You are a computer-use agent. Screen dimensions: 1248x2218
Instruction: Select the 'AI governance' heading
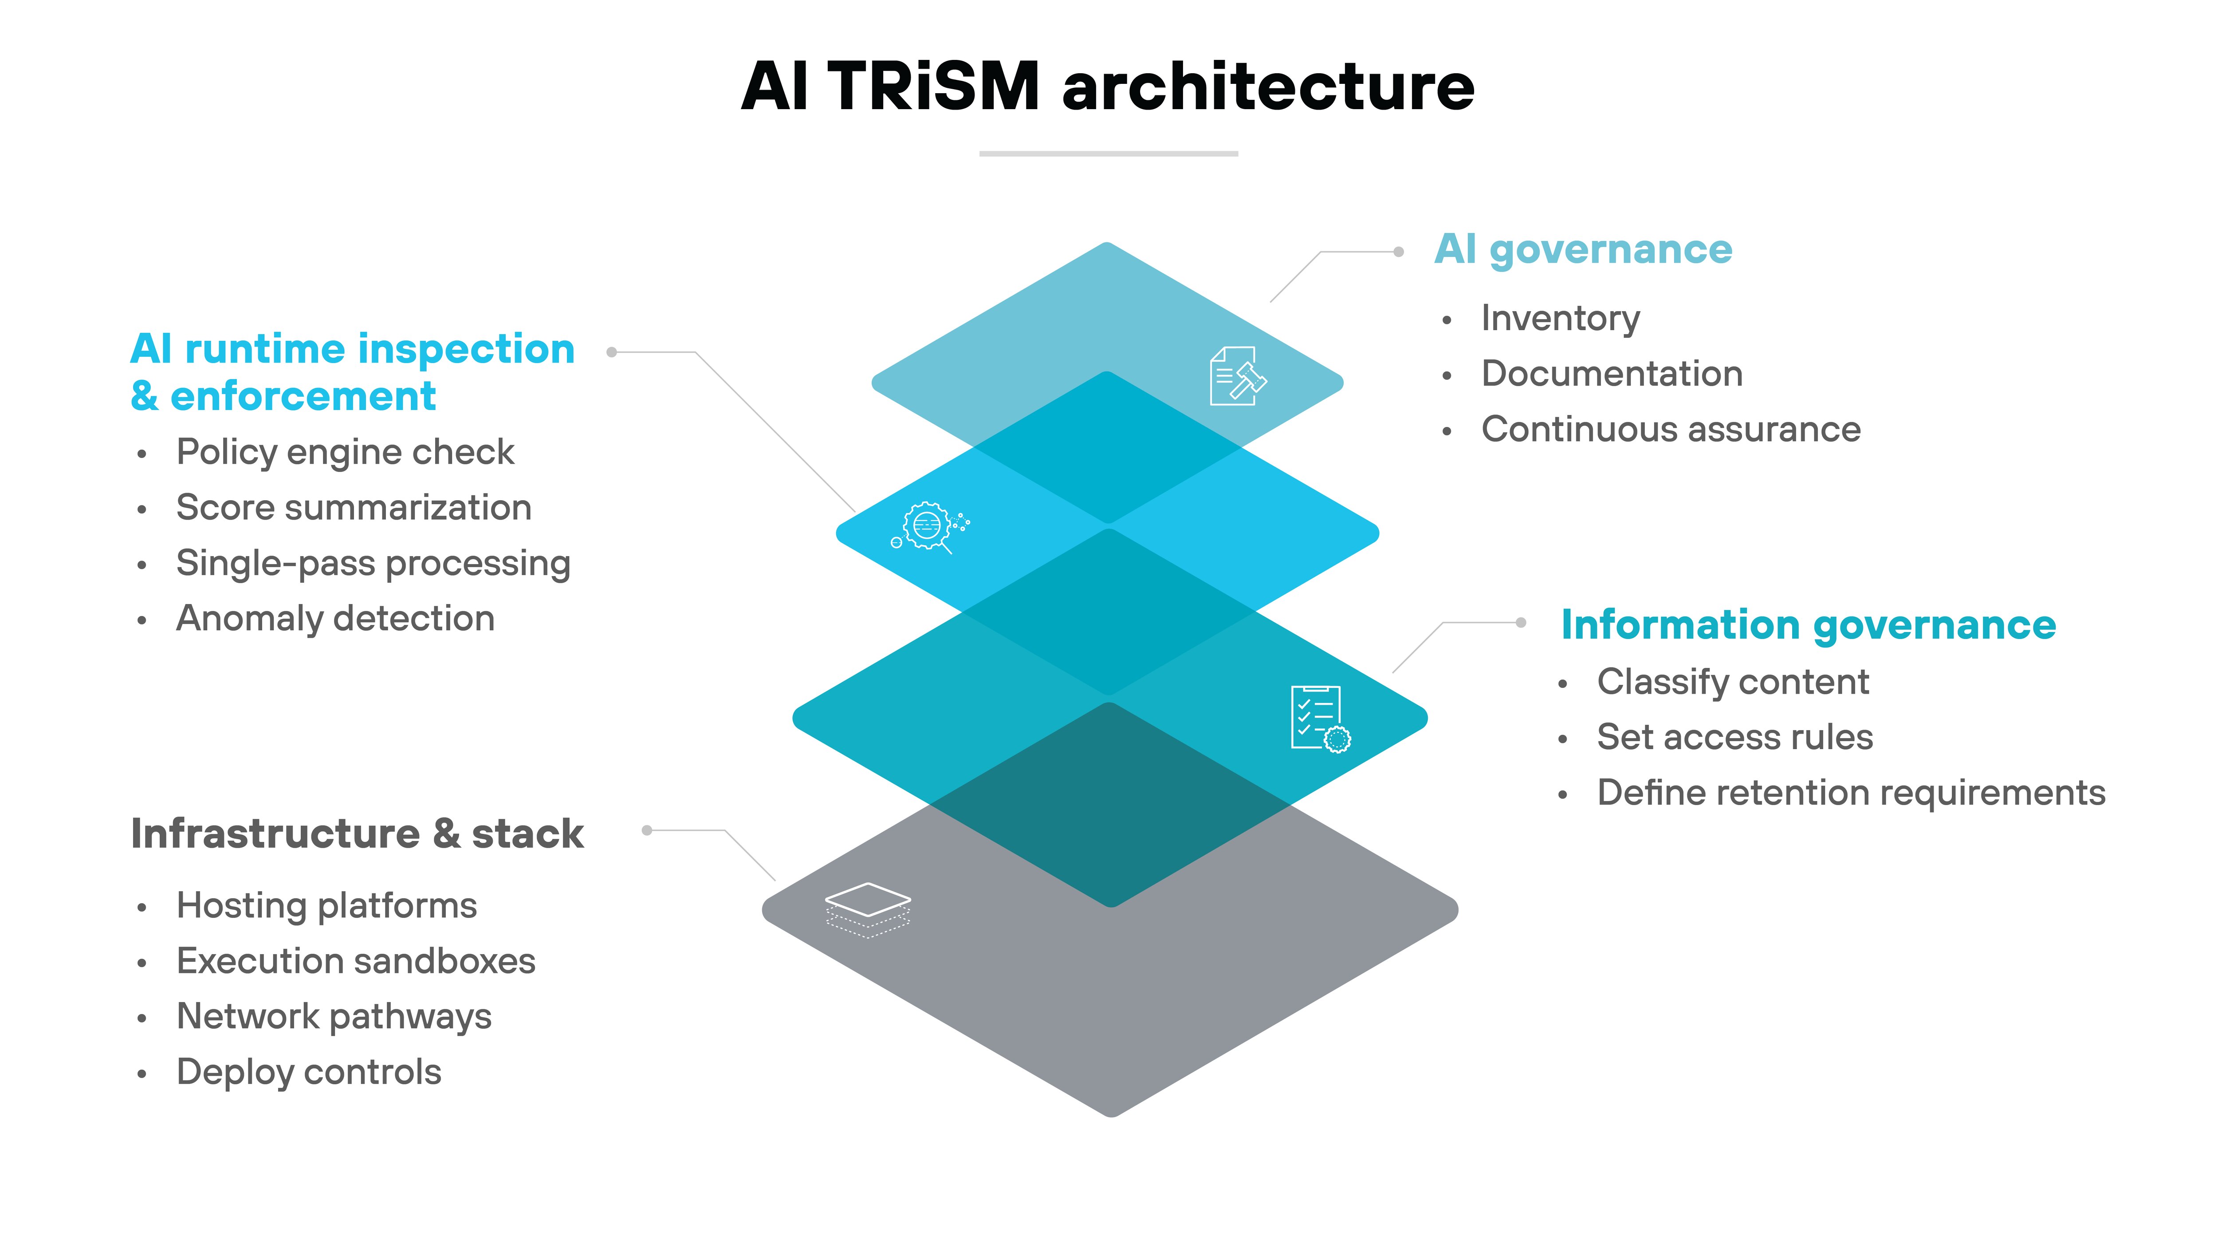pyautogui.click(x=1583, y=250)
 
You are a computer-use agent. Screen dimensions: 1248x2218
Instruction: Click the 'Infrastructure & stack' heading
pyautogui.click(x=358, y=834)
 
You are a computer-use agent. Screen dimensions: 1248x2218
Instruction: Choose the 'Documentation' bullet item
pyautogui.click(x=1611, y=374)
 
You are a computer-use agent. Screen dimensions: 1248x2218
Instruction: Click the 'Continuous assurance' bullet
pyautogui.click(x=1671, y=429)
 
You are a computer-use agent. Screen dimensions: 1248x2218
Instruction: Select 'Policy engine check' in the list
pyautogui.click(x=345, y=452)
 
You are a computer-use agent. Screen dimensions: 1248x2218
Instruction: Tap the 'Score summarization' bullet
pyautogui.click(x=353, y=507)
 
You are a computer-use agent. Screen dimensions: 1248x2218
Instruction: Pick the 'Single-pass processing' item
pyautogui.click(x=373, y=563)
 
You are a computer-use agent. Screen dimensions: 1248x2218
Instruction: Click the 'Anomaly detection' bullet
pyautogui.click(x=335, y=618)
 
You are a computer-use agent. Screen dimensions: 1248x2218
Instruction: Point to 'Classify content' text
pyautogui.click(x=1732, y=682)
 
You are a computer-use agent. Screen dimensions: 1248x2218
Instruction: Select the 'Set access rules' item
pyautogui.click(x=1734, y=737)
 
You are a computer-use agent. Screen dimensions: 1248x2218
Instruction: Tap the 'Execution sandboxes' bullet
pyautogui.click(x=356, y=961)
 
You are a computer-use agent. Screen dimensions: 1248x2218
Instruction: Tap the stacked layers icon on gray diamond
pyautogui.click(x=867, y=908)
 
